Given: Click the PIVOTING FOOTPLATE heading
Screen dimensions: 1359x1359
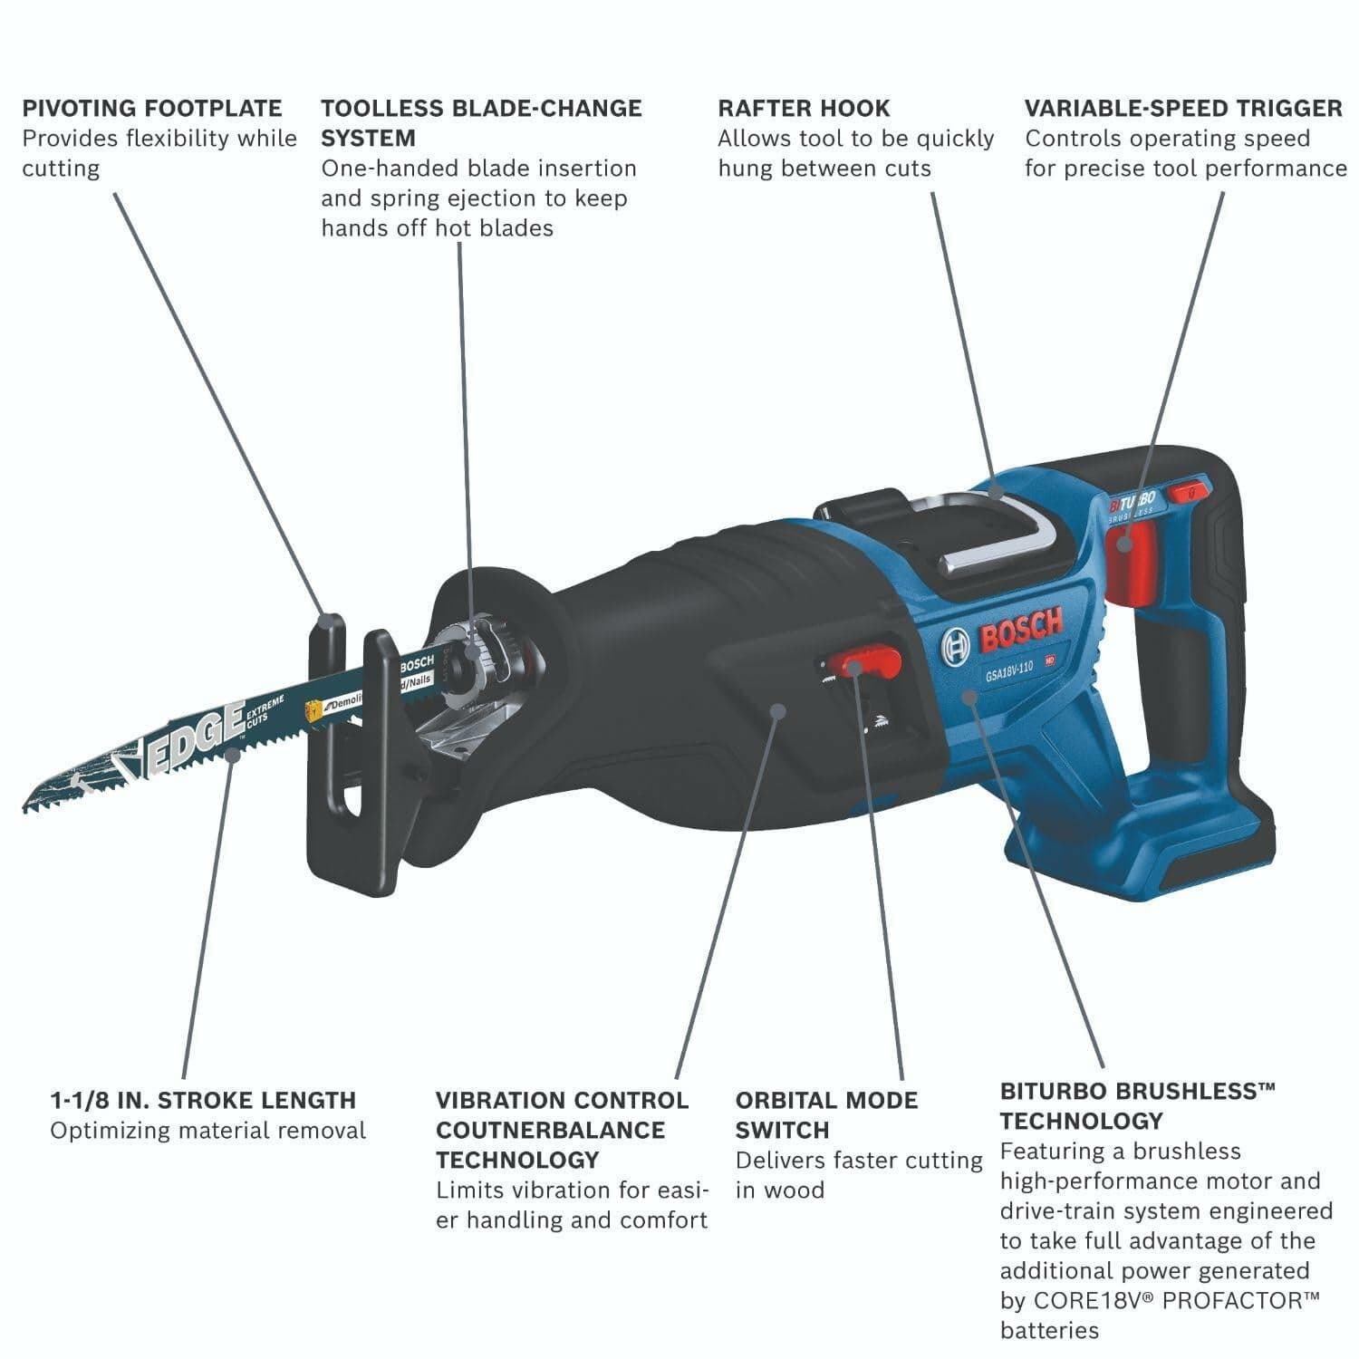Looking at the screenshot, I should [152, 109].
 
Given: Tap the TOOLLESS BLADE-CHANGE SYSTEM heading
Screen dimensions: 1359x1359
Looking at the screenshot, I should [481, 123].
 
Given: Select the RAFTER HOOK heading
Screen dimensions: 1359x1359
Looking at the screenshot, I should [804, 109].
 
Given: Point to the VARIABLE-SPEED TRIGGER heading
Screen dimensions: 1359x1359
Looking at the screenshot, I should [1183, 109].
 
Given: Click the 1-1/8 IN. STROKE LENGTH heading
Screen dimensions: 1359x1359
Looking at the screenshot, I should [203, 1101].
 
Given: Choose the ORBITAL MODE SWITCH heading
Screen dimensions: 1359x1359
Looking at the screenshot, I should [826, 1115].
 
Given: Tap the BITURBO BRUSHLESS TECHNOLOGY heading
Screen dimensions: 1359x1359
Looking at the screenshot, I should [1137, 1105].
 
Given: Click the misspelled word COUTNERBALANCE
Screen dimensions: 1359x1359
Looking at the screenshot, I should [550, 1131].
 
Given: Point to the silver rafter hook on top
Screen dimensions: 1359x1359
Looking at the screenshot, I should [997, 535].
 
